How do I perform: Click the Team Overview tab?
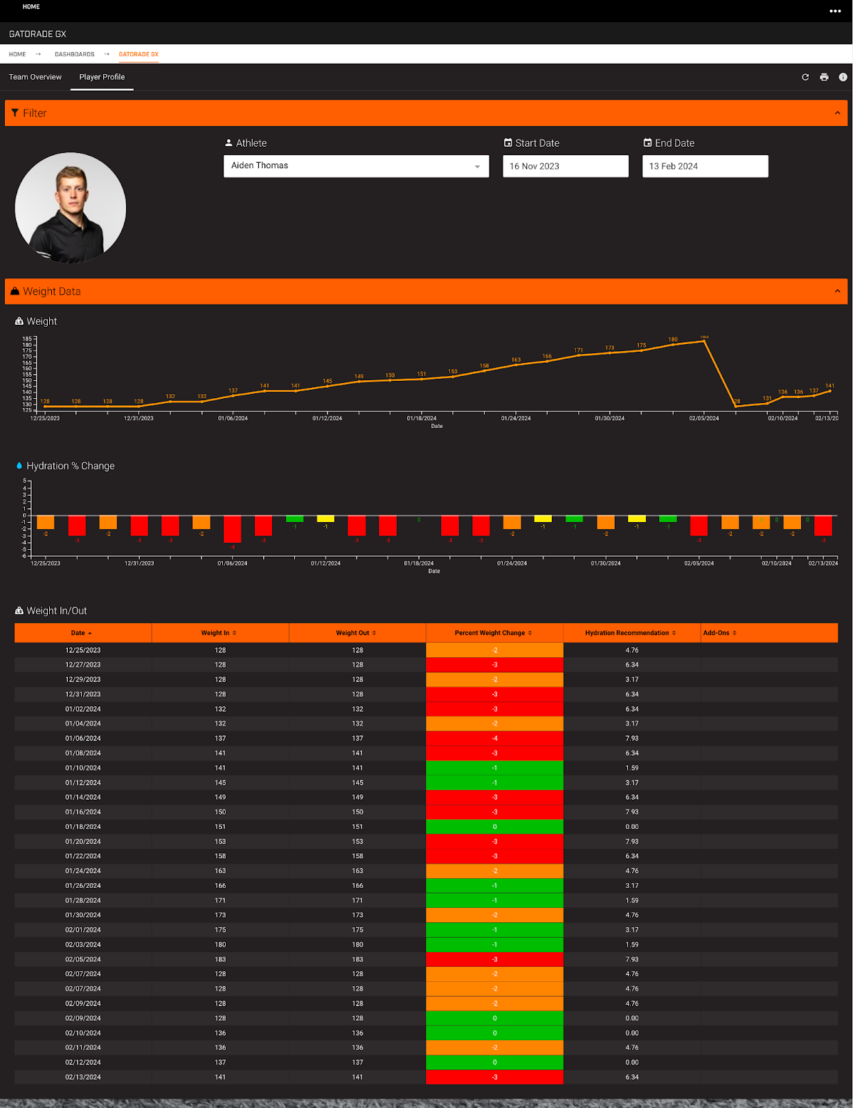pos(35,77)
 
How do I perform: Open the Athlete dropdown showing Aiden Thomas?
pos(356,166)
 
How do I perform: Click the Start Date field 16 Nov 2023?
pos(565,166)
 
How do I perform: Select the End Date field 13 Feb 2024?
pos(705,166)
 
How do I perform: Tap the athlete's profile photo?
pos(71,208)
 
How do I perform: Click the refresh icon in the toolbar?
pos(805,77)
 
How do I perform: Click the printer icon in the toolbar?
pos(824,77)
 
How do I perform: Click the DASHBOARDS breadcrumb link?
pos(74,54)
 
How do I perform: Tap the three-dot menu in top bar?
pos(835,11)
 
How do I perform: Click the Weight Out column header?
pos(356,633)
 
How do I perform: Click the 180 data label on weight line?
pos(673,339)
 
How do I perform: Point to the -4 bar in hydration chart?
pos(233,529)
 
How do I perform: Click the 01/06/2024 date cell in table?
pos(83,738)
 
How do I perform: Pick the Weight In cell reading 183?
pos(220,959)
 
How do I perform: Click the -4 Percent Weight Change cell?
pos(494,738)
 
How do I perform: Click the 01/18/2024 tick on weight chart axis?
pos(422,418)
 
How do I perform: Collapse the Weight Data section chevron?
pos(837,292)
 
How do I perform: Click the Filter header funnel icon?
pos(15,113)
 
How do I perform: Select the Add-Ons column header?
pos(719,633)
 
